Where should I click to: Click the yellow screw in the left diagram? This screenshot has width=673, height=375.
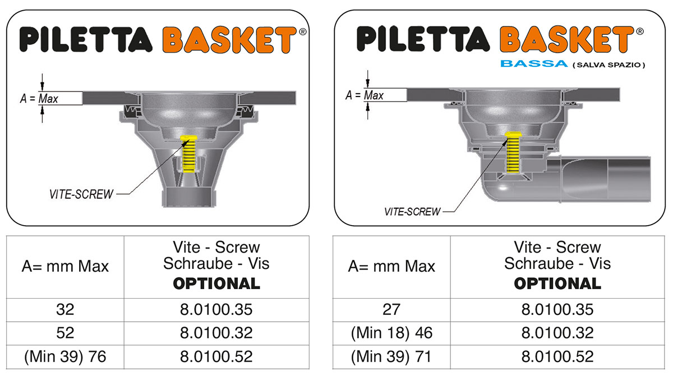(x=188, y=154)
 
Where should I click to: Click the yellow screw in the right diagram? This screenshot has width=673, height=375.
(x=513, y=152)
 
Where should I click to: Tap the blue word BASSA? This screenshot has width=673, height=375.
(x=534, y=64)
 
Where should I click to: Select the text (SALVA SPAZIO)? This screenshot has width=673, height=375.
(x=609, y=65)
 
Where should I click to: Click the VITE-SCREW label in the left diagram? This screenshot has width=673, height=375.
(x=81, y=194)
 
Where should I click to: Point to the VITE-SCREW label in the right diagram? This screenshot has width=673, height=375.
(x=412, y=212)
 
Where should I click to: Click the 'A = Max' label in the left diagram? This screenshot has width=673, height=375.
(x=39, y=99)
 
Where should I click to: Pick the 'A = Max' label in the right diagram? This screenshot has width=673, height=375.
(x=365, y=95)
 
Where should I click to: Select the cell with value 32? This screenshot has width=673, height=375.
(x=65, y=310)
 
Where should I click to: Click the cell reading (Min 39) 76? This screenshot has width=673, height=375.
(x=65, y=356)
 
